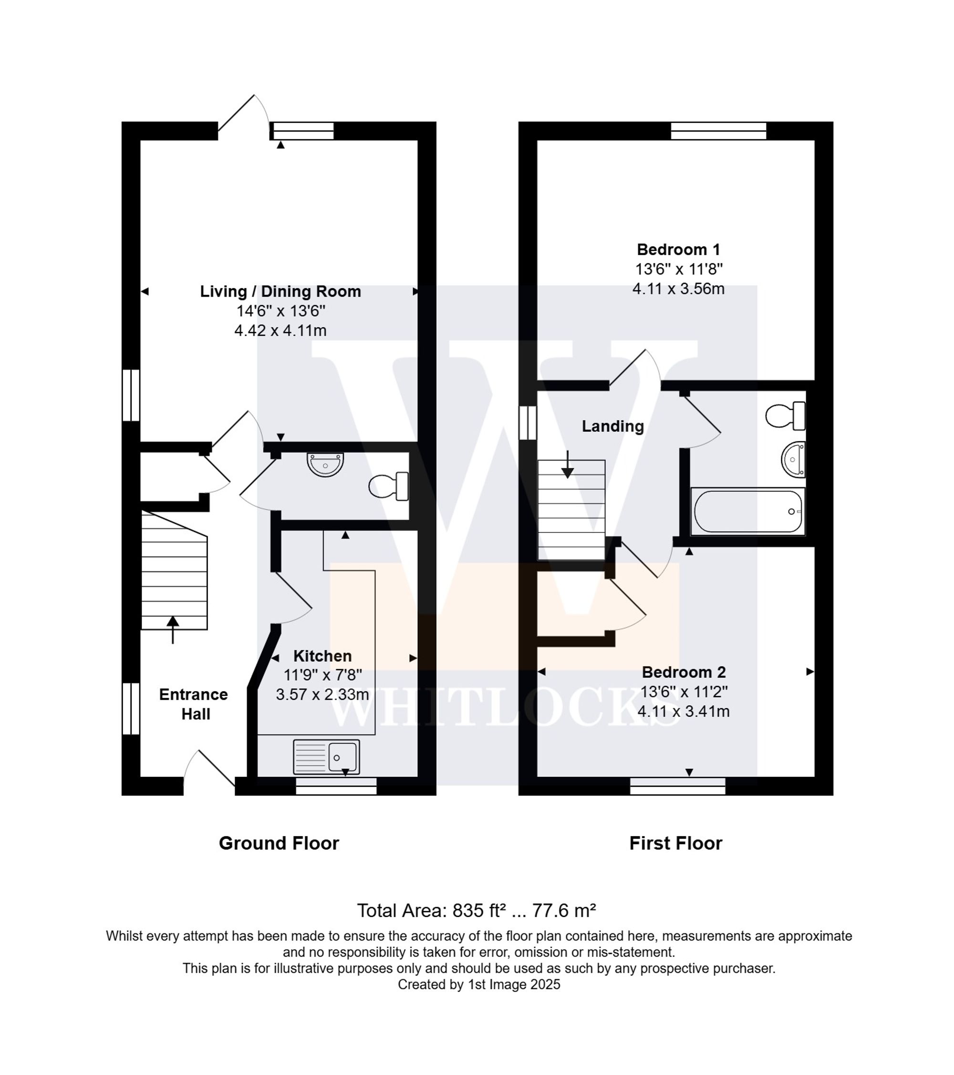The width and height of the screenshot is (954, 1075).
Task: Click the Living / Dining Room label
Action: pos(280,291)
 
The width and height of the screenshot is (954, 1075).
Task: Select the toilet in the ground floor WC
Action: pos(389,486)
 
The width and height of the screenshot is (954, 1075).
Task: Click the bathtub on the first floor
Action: pos(747,512)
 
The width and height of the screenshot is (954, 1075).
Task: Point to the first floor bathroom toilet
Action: pos(785,416)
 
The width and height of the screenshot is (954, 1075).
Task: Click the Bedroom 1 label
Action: pos(678,249)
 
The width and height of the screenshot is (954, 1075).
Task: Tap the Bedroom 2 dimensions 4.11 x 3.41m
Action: pos(683,712)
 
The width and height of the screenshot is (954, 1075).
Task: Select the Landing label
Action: pos(612,426)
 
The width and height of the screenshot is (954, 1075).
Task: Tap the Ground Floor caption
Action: pos(279,843)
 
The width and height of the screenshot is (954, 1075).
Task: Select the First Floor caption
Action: pos(675,843)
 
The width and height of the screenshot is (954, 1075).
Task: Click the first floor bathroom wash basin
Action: pos(794,459)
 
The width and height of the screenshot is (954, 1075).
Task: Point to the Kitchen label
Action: pos(322,656)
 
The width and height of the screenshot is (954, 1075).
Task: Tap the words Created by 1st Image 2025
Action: pos(478,984)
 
